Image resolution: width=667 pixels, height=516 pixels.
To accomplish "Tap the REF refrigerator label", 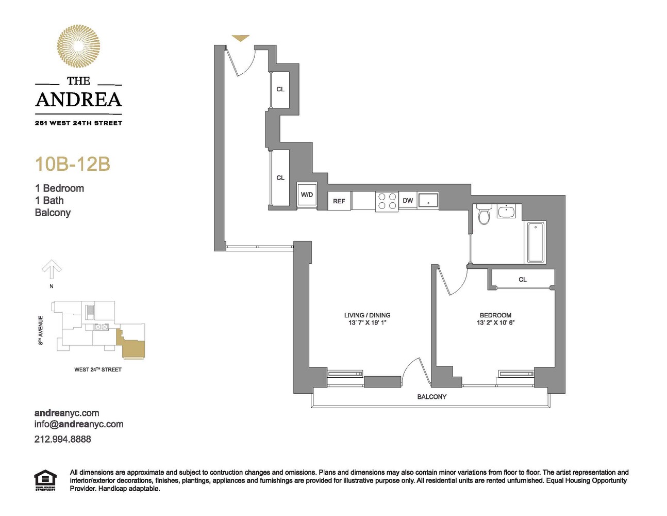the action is click(x=339, y=201).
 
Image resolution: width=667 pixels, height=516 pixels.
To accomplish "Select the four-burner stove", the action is click(x=387, y=201).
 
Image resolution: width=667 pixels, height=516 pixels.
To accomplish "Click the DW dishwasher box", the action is click(x=408, y=201).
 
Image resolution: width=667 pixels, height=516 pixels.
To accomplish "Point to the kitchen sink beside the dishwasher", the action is click(x=428, y=201).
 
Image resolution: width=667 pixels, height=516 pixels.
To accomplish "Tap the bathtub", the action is click(x=536, y=242).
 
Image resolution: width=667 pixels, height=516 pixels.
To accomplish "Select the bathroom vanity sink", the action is click(x=507, y=212).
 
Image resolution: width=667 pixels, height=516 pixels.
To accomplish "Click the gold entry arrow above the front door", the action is click(x=240, y=38).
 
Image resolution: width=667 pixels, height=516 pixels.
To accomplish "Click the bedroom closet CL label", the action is click(x=523, y=280).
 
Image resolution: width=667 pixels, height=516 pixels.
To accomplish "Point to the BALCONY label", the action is click(x=431, y=397).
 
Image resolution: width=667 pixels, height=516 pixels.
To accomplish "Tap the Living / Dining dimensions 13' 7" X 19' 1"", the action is click(x=367, y=322).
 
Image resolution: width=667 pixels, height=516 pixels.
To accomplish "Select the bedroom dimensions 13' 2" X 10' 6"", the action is click(x=495, y=322).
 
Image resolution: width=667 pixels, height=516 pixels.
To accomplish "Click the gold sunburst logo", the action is click(x=78, y=46).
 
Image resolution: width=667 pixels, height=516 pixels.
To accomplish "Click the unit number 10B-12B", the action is click(x=73, y=164).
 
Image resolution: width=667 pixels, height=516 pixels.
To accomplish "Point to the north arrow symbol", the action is click(x=52, y=269).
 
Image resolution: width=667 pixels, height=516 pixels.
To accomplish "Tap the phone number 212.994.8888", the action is click(x=62, y=439).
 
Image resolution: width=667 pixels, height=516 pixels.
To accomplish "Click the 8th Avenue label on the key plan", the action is click(x=41, y=330).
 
